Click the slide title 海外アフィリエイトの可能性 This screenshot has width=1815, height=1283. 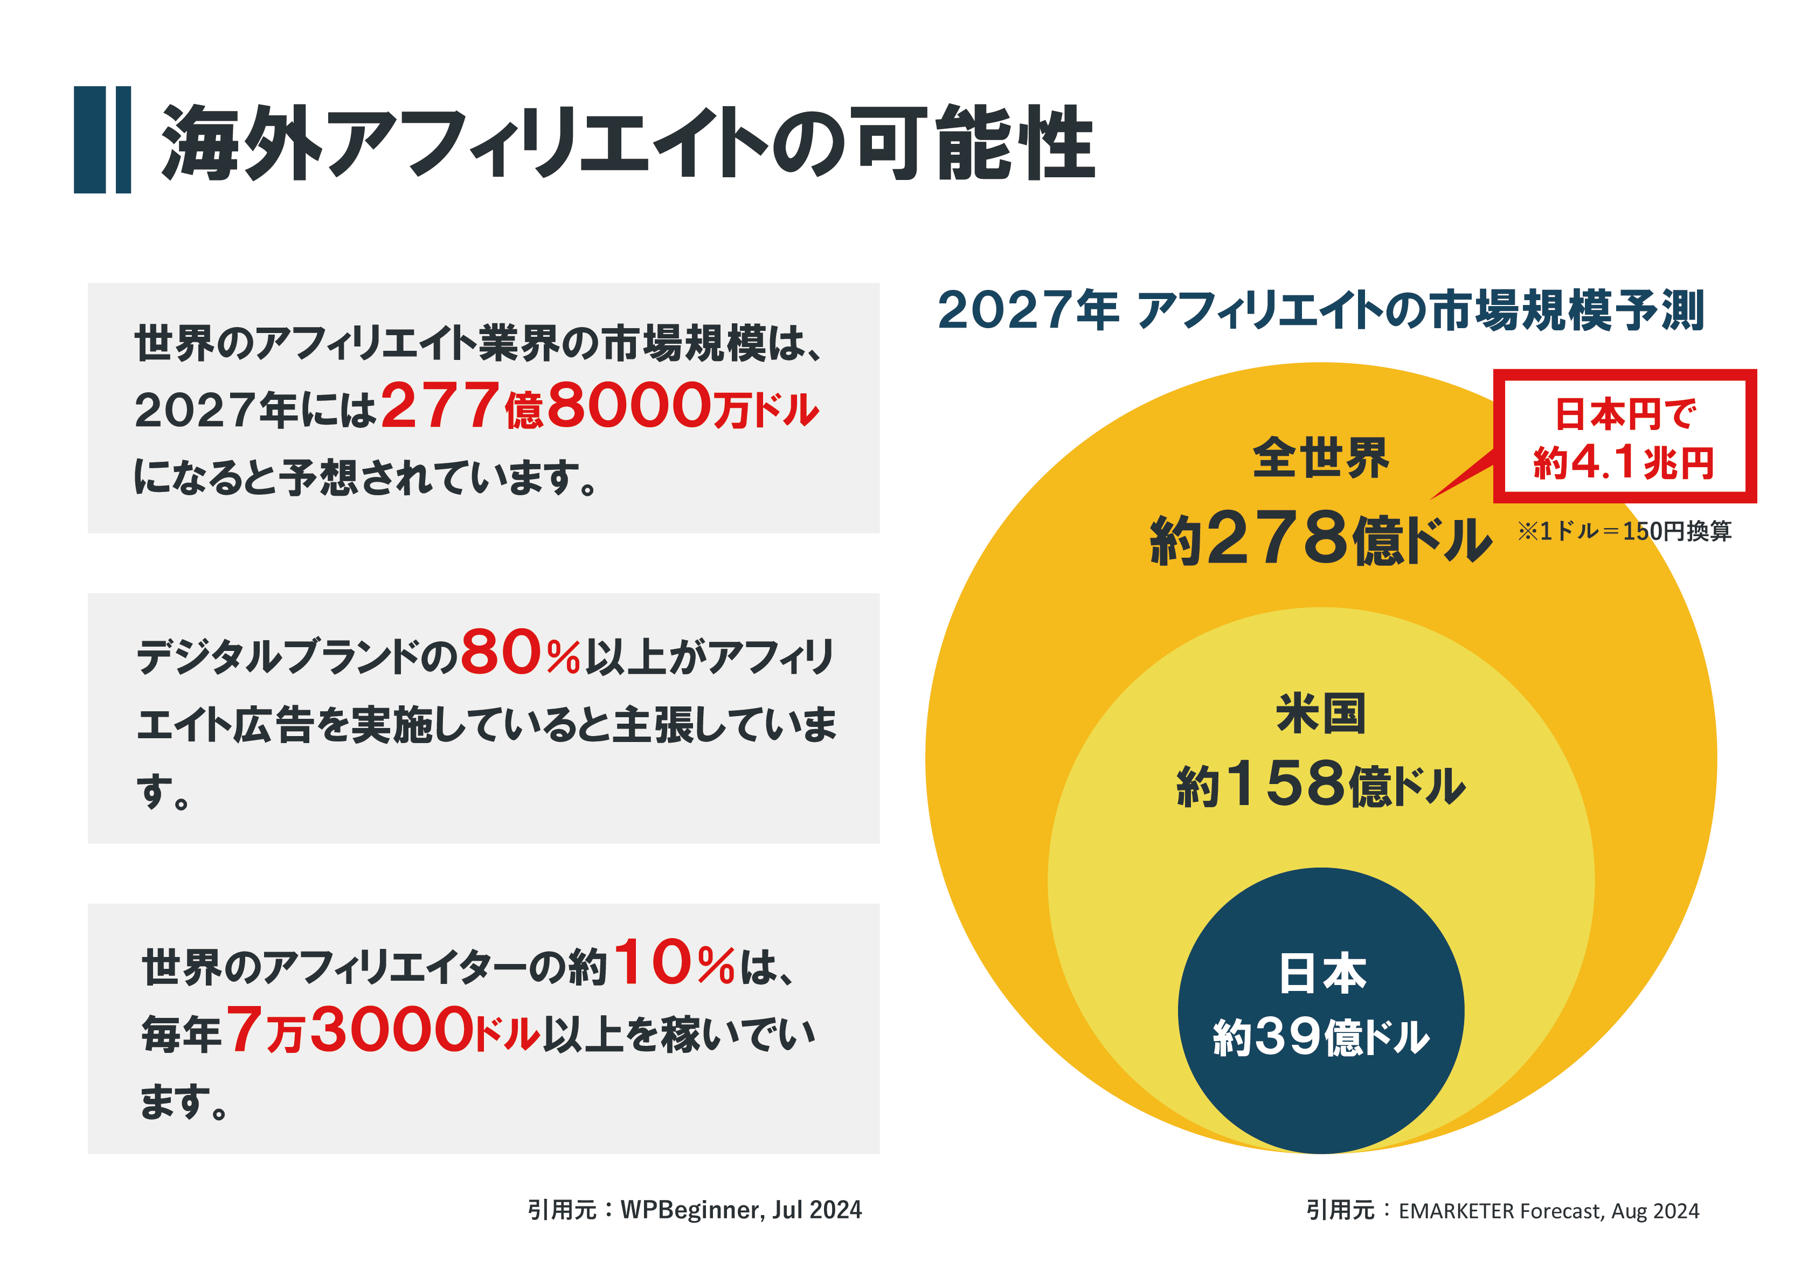tap(628, 142)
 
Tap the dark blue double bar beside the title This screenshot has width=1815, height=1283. tap(102, 140)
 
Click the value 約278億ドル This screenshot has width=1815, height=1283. tap(1320, 539)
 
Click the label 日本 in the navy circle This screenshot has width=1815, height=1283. tap(1322, 973)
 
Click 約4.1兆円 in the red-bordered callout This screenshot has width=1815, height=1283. tap(1624, 462)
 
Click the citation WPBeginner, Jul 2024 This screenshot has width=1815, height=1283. tap(740, 1210)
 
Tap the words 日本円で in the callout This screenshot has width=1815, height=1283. tap(1624, 414)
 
